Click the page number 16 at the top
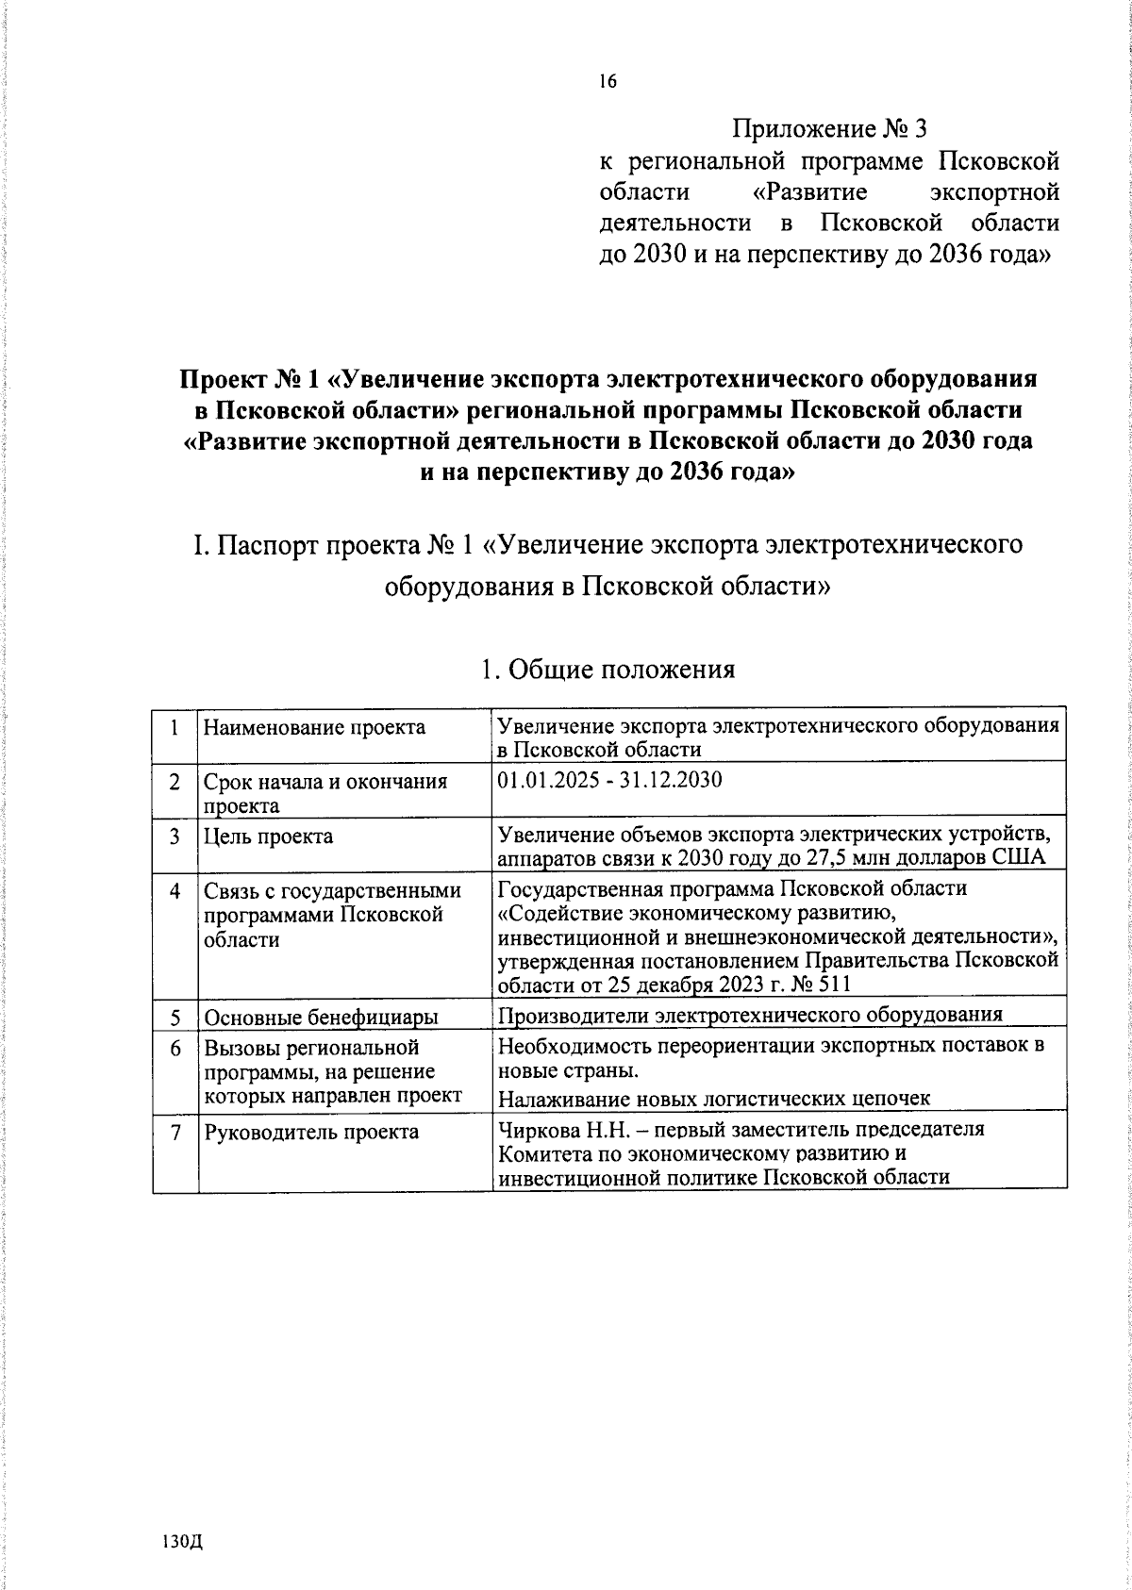point(607,82)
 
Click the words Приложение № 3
point(836,127)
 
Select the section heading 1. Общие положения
point(607,671)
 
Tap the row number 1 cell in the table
point(175,727)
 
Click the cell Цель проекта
point(268,836)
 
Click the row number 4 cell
point(175,890)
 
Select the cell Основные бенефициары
point(321,1018)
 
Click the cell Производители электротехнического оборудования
point(749,1015)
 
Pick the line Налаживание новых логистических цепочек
point(714,1098)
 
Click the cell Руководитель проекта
point(311,1133)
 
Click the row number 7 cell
point(175,1133)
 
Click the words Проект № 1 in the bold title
point(249,380)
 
